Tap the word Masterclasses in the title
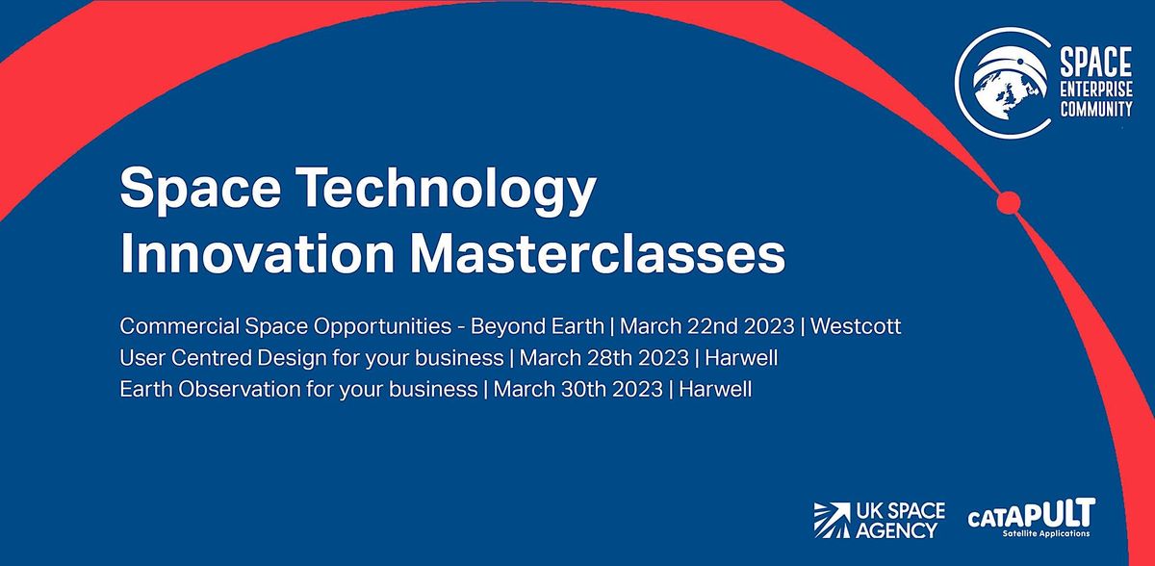pos(598,256)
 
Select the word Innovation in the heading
pos(257,256)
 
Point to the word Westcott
pos(857,326)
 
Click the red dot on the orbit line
pos(1007,202)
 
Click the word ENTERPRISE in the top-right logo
pos(1095,90)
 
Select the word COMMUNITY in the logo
pos(1095,109)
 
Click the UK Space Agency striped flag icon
pos(830,519)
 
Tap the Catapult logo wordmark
pos(1031,513)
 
